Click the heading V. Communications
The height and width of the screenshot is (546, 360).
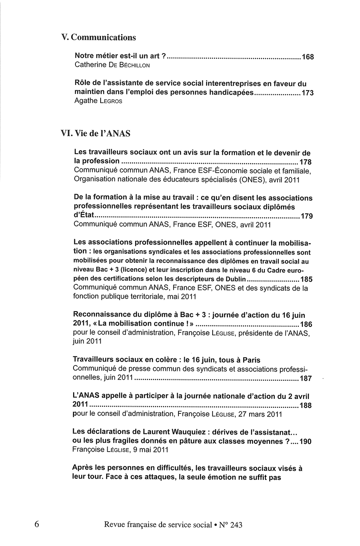(x=99, y=38)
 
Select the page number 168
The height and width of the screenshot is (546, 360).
(x=308, y=57)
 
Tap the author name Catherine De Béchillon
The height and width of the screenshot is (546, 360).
(x=112, y=65)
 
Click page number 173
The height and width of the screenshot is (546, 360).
(x=307, y=93)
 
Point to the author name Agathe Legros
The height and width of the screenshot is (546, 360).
(x=98, y=101)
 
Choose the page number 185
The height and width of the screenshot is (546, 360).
(x=306, y=280)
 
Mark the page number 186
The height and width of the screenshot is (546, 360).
(x=306, y=325)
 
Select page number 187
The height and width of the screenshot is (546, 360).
(x=305, y=378)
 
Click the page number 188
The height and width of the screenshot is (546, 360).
(x=305, y=406)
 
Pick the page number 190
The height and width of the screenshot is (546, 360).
(x=305, y=441)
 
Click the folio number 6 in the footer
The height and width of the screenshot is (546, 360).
(x=37, y=524)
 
